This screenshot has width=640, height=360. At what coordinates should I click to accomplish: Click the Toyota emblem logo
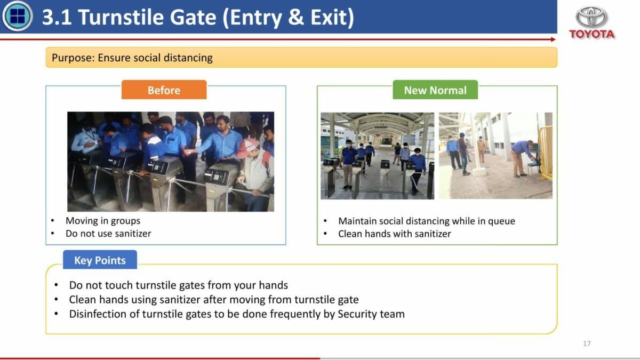[x=591, y=17]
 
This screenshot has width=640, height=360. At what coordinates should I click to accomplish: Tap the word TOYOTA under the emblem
[x=591, y=34]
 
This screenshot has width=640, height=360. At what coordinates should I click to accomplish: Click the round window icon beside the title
[x=17, y=16]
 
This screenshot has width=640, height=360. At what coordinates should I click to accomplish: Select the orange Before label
[x=164, y=90]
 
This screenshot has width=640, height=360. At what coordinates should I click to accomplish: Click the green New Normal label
[x=435, y=90]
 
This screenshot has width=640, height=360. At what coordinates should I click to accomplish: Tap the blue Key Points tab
[x=100, y=260]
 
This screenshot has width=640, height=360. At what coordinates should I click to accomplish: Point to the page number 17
[x=587, y=343]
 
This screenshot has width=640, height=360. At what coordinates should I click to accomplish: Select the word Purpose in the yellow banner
[x=73, y=58]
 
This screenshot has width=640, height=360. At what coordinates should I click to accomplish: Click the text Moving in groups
[x=103, y=221]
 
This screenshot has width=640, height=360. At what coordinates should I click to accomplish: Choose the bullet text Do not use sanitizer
[x=108, y=234]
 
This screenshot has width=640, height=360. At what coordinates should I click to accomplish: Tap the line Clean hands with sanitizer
[x=395, y=234]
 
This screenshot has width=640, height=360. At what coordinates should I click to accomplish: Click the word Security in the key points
[x=357, y=314]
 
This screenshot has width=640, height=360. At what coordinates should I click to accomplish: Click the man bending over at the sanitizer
[x=521, y=158]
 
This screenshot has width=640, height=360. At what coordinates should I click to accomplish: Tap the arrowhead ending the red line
[x=554, y=39]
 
